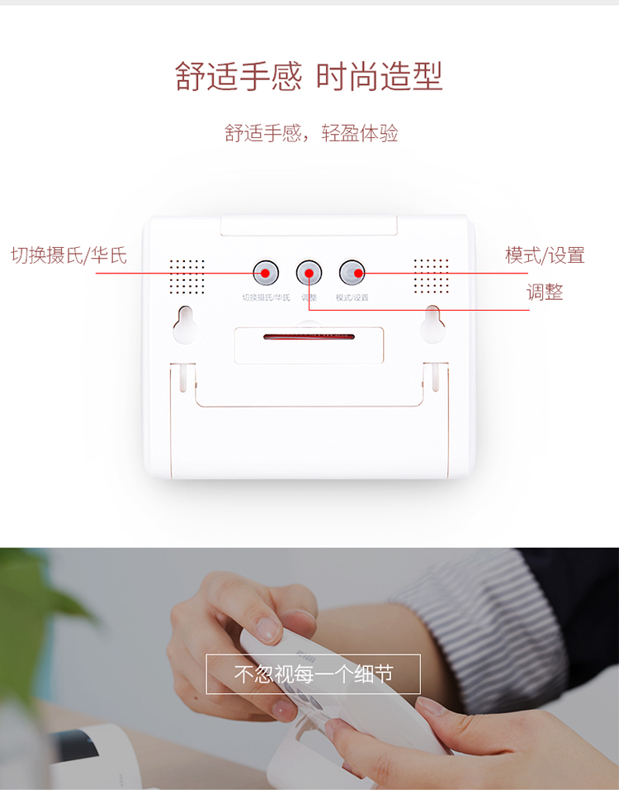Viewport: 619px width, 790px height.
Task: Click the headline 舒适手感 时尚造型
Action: (309, 76)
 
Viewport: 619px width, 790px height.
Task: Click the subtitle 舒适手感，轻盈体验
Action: (311, 134)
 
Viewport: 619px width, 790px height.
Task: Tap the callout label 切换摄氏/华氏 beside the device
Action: (69, 255)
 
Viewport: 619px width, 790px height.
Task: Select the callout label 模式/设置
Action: (545, 255)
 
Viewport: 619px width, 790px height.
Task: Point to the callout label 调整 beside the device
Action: (545, 293)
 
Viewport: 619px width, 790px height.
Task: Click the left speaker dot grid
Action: (187, 276)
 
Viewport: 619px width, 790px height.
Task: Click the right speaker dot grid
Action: (432, 276)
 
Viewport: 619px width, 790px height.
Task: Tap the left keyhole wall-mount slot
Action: (185, 325)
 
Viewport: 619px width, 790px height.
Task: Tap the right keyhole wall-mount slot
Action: (432, 325)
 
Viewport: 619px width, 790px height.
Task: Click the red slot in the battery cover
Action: (309, 336)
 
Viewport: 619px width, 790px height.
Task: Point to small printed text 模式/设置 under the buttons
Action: (352, 297)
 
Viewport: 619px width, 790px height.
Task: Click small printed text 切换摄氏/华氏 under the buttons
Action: (267, 297)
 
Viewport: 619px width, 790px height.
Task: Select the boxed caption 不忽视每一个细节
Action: (313, 674)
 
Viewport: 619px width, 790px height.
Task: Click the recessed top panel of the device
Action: (309, 226)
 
